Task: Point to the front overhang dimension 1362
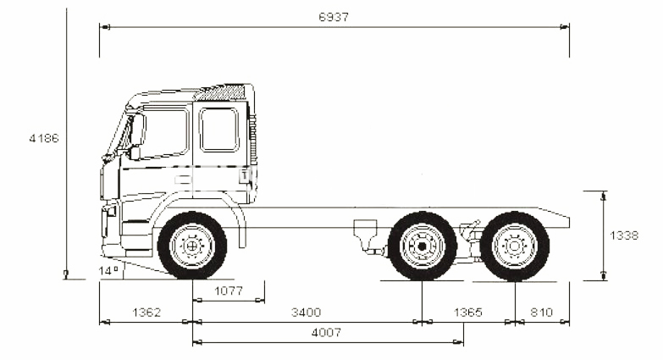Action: (x=146, y=313)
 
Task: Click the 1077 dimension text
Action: (x=228, y=291)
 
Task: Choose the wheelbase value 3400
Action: (x=305, y=313)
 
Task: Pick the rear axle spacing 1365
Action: (x=467, y=313)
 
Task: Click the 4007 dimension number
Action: (x=326, y=333)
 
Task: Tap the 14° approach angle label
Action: (x=108, y=271)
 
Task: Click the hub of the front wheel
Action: (x=192, y=246)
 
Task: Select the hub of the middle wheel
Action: (x=422, y=246)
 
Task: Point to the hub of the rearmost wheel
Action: (x=515, y=246)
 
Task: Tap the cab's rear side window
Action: (x=219, y=130)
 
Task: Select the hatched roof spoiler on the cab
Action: (x=223, y=92)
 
